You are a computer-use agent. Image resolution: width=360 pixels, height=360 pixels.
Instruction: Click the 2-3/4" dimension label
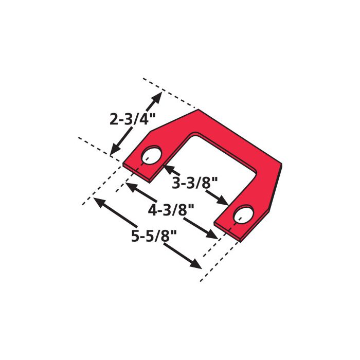click(x=132, y=119)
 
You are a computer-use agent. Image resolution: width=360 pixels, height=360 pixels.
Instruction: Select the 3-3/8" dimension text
click(x=195, y=182)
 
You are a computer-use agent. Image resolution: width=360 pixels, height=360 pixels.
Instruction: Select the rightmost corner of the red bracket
click(x=282, y=165)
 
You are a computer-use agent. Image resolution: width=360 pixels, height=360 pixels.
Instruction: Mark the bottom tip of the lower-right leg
click(x=241, y=240)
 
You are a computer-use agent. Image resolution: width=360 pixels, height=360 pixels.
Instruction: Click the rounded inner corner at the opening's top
click(x=194, y=134)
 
